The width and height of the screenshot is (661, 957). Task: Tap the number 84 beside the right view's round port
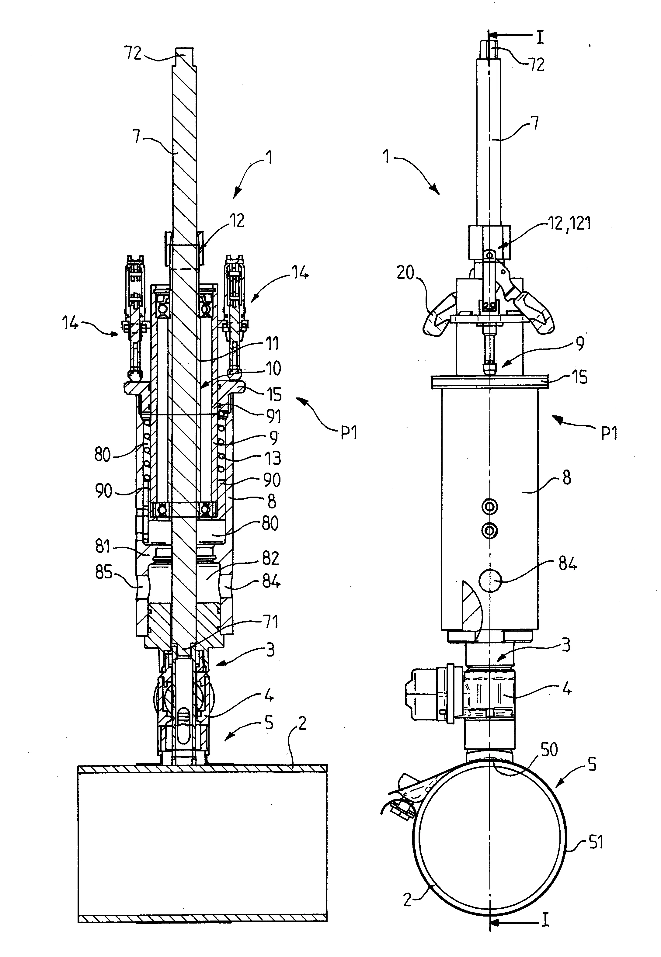click(568, 564)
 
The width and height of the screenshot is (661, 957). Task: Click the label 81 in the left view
click(103, 547)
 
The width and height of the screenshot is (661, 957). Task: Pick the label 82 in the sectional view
click(270, 559)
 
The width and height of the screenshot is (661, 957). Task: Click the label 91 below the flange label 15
click(273, 416)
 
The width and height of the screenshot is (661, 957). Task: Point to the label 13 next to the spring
click(273, 458)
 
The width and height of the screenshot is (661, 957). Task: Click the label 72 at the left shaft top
click(133, 54)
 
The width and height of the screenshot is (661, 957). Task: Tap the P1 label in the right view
click(609, 433)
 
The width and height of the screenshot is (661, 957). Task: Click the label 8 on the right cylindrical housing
click(567, 477)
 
